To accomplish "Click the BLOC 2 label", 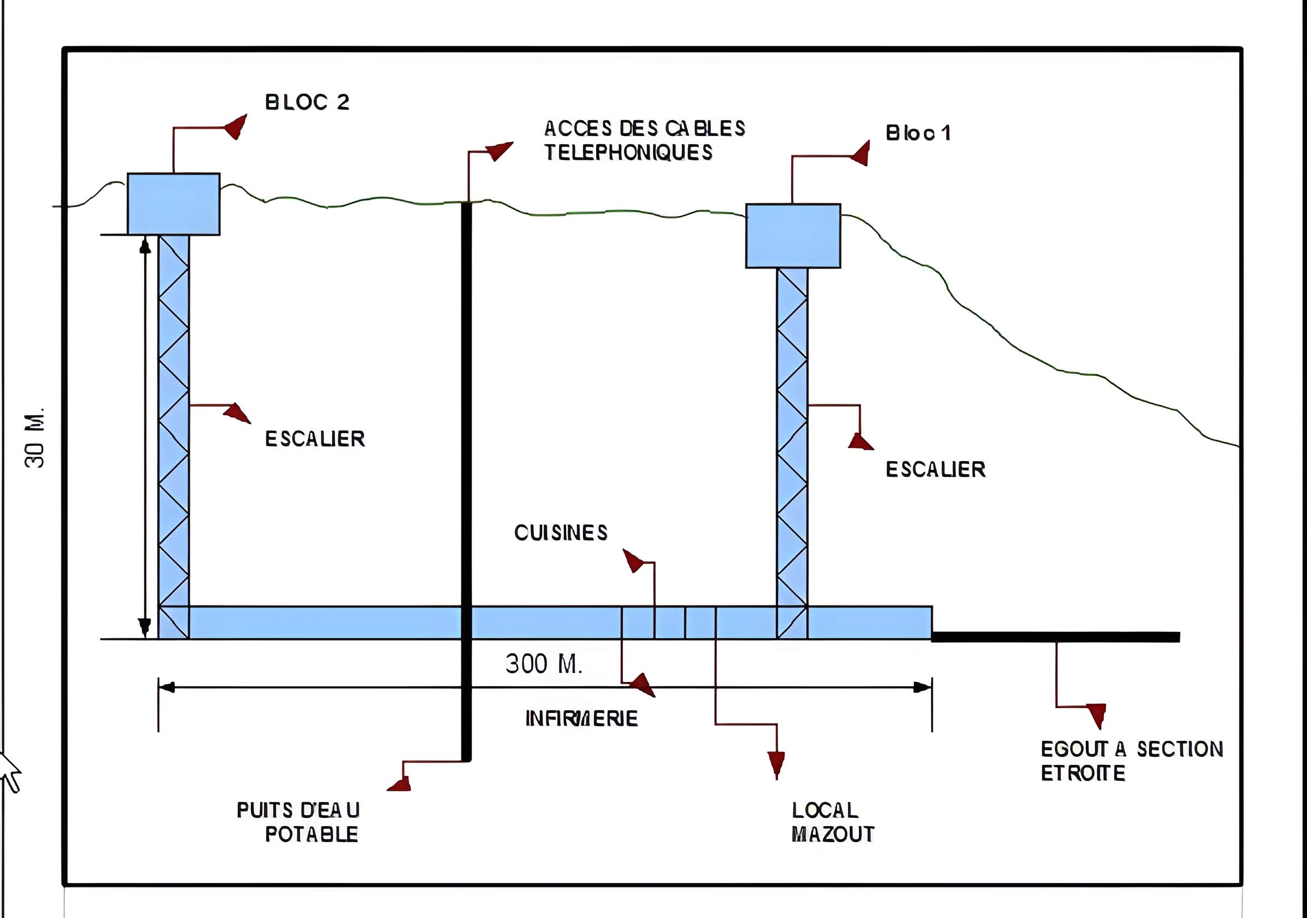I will coord(307,102).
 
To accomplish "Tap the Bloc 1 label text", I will coord(917,133).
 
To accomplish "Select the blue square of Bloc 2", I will coord(174,204).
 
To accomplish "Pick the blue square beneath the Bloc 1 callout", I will coord(793,236).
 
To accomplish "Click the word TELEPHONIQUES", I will coord(628,152).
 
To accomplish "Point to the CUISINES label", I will coord(561,533).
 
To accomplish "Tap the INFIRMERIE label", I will coord(581,719).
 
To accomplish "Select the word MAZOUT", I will coord(832,834).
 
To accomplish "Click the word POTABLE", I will coord(311,834).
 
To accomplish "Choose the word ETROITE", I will coord(1083,773).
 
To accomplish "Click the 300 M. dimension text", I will coord(544,664).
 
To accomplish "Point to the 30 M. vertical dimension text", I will coord(36,438).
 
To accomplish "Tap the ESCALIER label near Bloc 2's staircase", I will coord(315,439).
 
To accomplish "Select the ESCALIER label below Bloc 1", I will coord(935,469).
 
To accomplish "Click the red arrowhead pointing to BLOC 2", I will coord(236,126).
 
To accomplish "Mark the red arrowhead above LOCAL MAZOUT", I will coord(776,764).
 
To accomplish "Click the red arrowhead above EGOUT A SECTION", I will coord(1097,715).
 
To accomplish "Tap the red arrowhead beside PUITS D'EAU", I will coord(400,785).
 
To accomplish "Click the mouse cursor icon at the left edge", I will coord(9,771).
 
